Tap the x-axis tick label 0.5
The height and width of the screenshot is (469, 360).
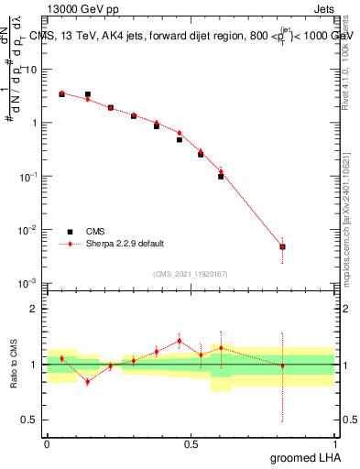(x=191, y=443)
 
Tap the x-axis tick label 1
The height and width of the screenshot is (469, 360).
(x=334, y=443)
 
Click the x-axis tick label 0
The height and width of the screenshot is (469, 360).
(x=47, y=443)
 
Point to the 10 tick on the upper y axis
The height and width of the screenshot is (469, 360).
(x=33, y=70)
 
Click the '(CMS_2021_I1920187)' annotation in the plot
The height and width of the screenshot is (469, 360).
(x=190, y=274)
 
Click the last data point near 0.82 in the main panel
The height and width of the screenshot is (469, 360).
(x=283, y=246)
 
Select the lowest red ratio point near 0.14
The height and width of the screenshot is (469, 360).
(x=87, y=381)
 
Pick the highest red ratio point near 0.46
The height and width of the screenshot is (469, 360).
(x=180, y=341)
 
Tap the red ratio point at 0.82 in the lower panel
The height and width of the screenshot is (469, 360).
(x=283, y=365)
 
